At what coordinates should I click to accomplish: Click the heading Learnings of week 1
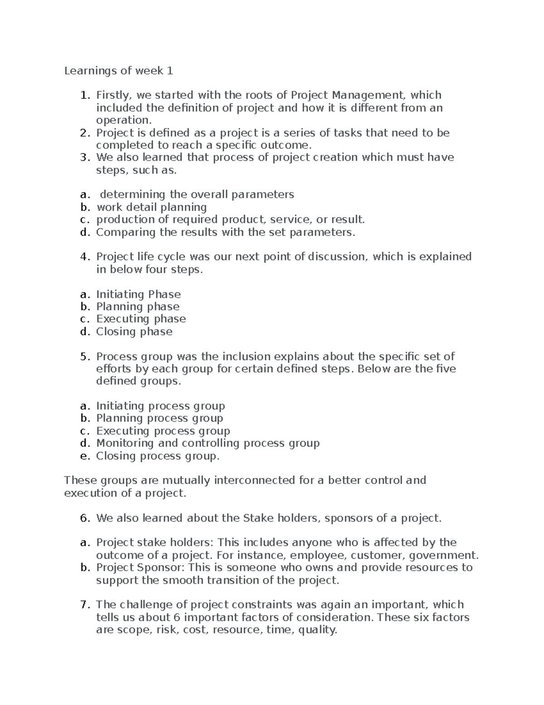[x=118, y=71]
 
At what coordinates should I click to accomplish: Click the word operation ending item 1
[x=122, y=120]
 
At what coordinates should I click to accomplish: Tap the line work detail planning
[x=151, y=207]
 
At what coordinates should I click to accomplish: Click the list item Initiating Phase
[x=138, y=294]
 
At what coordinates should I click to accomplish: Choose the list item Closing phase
[x=134, y=332]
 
